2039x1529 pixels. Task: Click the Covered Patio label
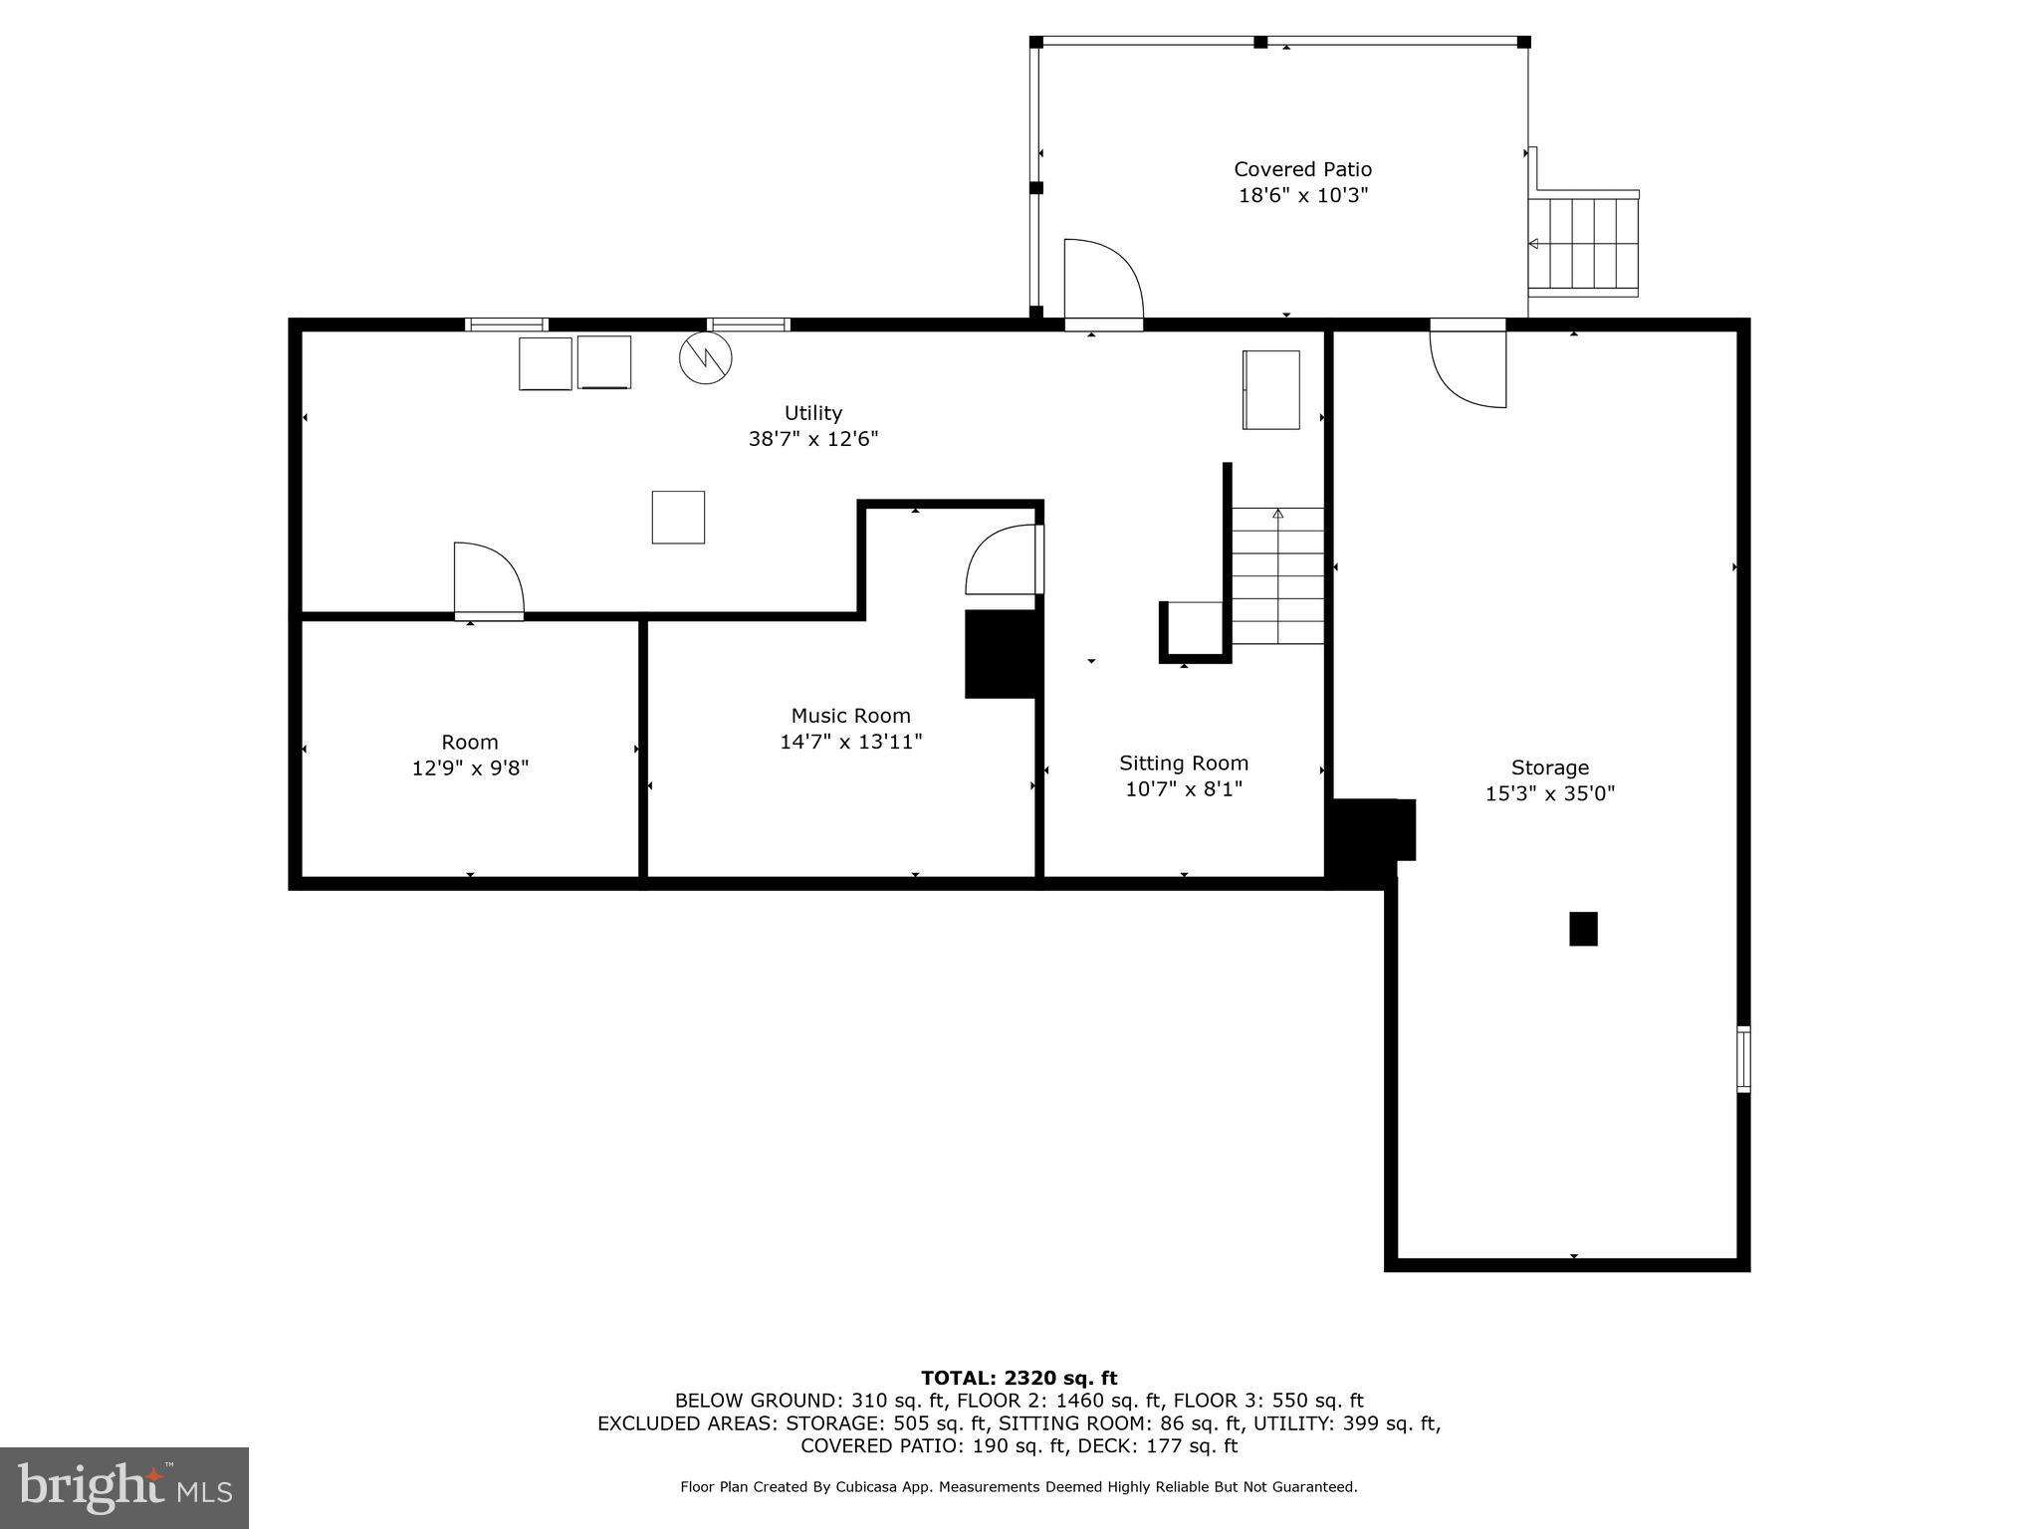1302,169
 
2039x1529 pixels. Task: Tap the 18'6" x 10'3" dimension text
1302,196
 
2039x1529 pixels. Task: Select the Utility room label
812,413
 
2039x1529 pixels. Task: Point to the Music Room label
850,716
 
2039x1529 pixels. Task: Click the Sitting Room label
1183,764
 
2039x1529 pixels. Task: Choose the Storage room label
1549,767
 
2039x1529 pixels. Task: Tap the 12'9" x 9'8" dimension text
470,768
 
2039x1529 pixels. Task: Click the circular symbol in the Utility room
705,357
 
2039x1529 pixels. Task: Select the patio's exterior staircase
1583,245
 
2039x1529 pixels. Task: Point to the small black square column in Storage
1583,929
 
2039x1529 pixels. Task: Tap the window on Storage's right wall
1743,1059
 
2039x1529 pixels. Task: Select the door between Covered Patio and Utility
1103,284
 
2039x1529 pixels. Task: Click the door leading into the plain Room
488,580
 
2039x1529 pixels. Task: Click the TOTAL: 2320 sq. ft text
1019,1378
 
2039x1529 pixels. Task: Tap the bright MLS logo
124,1487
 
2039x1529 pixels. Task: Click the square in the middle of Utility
678,518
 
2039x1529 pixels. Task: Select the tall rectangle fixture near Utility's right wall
1270,390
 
